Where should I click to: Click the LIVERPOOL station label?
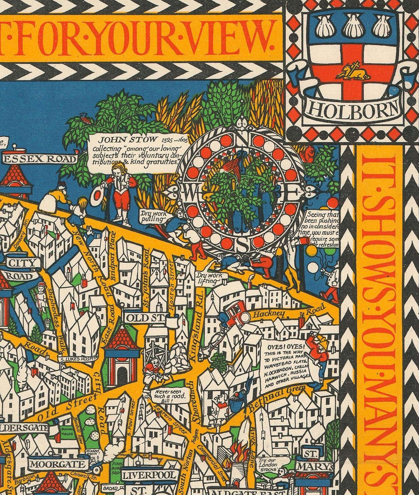point(149,475)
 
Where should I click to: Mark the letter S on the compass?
point(242,242)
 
